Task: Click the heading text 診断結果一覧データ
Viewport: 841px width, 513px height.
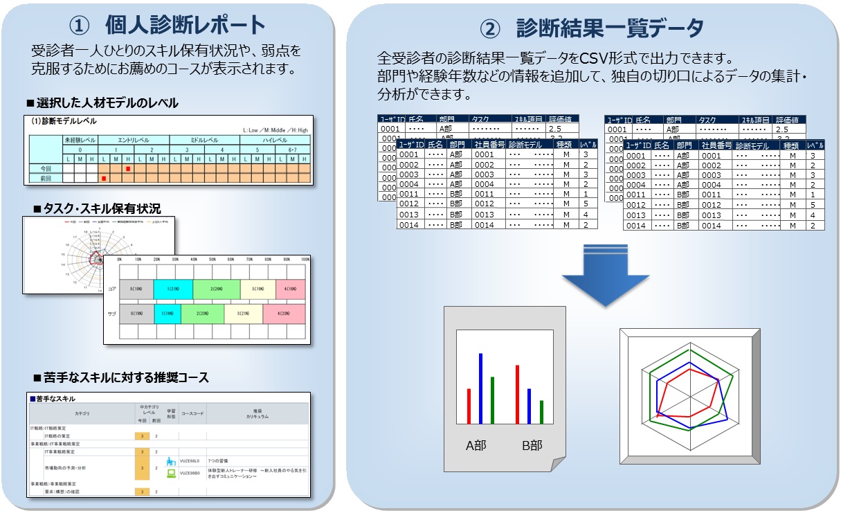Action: (x=610, y=28)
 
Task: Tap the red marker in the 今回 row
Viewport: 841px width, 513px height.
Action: (x=128, y=168)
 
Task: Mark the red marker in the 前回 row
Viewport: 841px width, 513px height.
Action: (x=104, y=179)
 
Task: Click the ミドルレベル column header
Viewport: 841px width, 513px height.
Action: (x=205, y=140)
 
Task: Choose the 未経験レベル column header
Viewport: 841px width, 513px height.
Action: (x=80, y=140)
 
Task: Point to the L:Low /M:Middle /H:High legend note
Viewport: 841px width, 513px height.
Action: (x=275, y=130)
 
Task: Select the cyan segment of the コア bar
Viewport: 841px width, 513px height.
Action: (x=173, y=289)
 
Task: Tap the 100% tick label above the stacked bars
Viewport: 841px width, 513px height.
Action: (x=305, y=259)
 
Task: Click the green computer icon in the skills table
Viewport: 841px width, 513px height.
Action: (x=170, y=474)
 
